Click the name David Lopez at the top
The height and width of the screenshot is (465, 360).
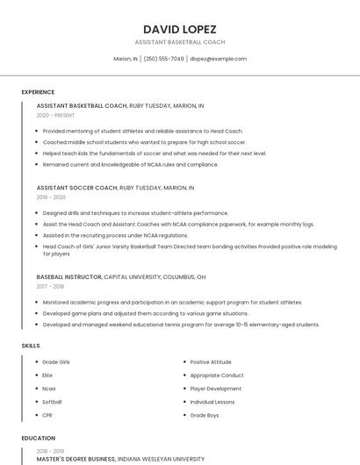click(x=179, y=28)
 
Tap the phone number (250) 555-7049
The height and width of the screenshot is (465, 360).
click(x=163, y=59)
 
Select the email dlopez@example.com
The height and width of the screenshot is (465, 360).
click(x=218, y=59)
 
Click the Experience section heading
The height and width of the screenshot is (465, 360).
click(x=38, y=92)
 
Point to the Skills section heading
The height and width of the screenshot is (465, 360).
click(x=31, y=346)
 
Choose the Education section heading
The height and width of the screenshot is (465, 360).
click(x=38, y=438)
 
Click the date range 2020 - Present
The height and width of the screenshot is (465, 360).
click(x=55, y=115)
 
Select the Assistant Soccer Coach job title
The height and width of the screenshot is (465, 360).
click(x=77, y=188)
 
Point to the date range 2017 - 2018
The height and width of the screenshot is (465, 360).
click(x=50, y=286)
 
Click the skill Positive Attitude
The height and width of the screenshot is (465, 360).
click(x=211, y=362)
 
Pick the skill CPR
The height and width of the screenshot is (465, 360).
click(x=48, y=415)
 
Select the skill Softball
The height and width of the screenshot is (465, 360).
click(x=53, y=402)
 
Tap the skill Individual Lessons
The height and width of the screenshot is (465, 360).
click(x=213, y=402)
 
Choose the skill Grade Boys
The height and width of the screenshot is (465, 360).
click(x=205, y=415)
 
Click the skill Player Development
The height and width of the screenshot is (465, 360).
click(x=215, y=389)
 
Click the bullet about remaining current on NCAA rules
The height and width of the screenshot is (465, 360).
click(x=130, y=164)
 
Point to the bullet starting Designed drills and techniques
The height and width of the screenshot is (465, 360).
click(x=135, y=213)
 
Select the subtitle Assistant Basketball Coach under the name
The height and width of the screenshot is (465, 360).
click(x=179, y=42)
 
